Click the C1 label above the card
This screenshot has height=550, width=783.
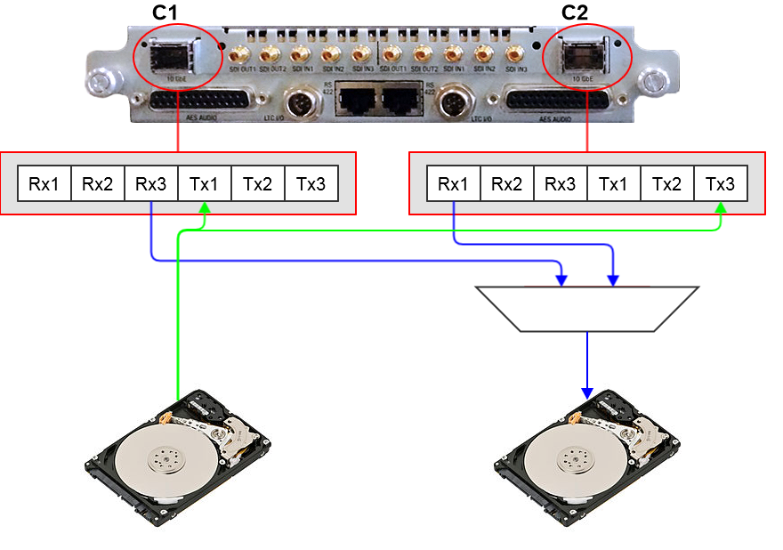166,13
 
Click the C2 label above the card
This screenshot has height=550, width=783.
574,13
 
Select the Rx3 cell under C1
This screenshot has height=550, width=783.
151,184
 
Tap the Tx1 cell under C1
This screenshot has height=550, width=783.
205,184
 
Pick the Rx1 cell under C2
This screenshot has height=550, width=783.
454,184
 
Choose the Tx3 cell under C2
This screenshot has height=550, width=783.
721,184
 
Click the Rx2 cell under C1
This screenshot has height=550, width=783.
98,184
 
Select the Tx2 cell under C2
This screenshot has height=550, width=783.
667,184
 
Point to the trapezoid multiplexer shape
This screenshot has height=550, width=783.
587,308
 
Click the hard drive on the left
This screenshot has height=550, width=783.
179,454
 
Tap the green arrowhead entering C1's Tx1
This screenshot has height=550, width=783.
205,206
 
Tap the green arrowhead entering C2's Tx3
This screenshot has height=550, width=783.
721,206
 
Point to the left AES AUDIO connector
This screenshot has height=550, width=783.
207,101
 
